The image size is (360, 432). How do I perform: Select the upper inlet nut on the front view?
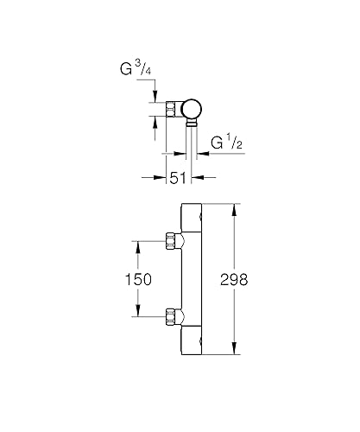(173, 241)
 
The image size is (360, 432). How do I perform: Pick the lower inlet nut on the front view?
(173, 315)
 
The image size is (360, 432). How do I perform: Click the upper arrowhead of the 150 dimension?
(137, 244)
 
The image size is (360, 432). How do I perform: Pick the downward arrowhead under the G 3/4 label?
(155, 98)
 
